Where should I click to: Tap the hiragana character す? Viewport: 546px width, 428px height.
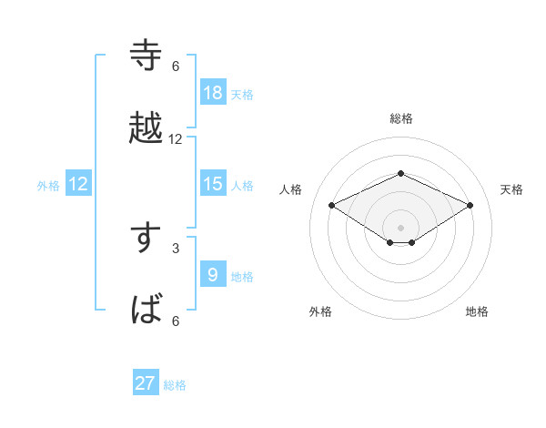click(147, 239)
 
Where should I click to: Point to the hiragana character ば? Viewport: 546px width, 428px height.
click(147, 311)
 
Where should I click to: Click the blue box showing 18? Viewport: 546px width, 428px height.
click(213, 92)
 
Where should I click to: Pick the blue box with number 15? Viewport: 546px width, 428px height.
click(213, 184)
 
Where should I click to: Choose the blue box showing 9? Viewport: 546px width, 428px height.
click(213, 275)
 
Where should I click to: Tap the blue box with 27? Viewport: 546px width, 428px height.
click(146, 383)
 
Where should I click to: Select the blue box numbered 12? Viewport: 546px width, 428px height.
click(78, 184)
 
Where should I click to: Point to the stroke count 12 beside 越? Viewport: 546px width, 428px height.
click(176, 139)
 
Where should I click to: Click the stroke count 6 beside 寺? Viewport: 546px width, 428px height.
click(176, 66)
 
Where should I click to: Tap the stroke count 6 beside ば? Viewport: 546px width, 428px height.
click(176, 321)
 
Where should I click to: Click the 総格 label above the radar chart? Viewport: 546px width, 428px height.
click(401, 118)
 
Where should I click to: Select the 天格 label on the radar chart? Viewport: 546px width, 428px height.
click(512, 189)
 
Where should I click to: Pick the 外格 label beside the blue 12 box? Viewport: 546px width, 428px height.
click(48, 185)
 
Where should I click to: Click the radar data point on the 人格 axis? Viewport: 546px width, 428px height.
click(332, 205)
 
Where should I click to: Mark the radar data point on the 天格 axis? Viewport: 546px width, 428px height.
click(470, 205)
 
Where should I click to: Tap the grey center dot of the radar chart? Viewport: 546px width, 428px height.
click(401, 227)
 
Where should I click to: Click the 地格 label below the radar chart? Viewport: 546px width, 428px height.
click(477, 312)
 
